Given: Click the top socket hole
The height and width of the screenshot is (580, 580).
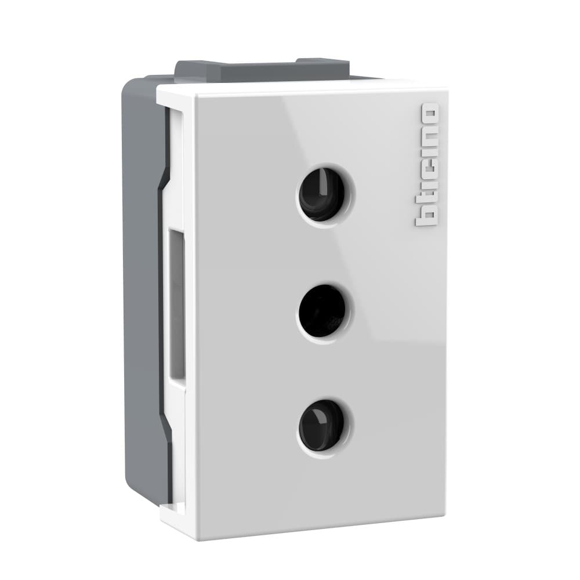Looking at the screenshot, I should [321, 194].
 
